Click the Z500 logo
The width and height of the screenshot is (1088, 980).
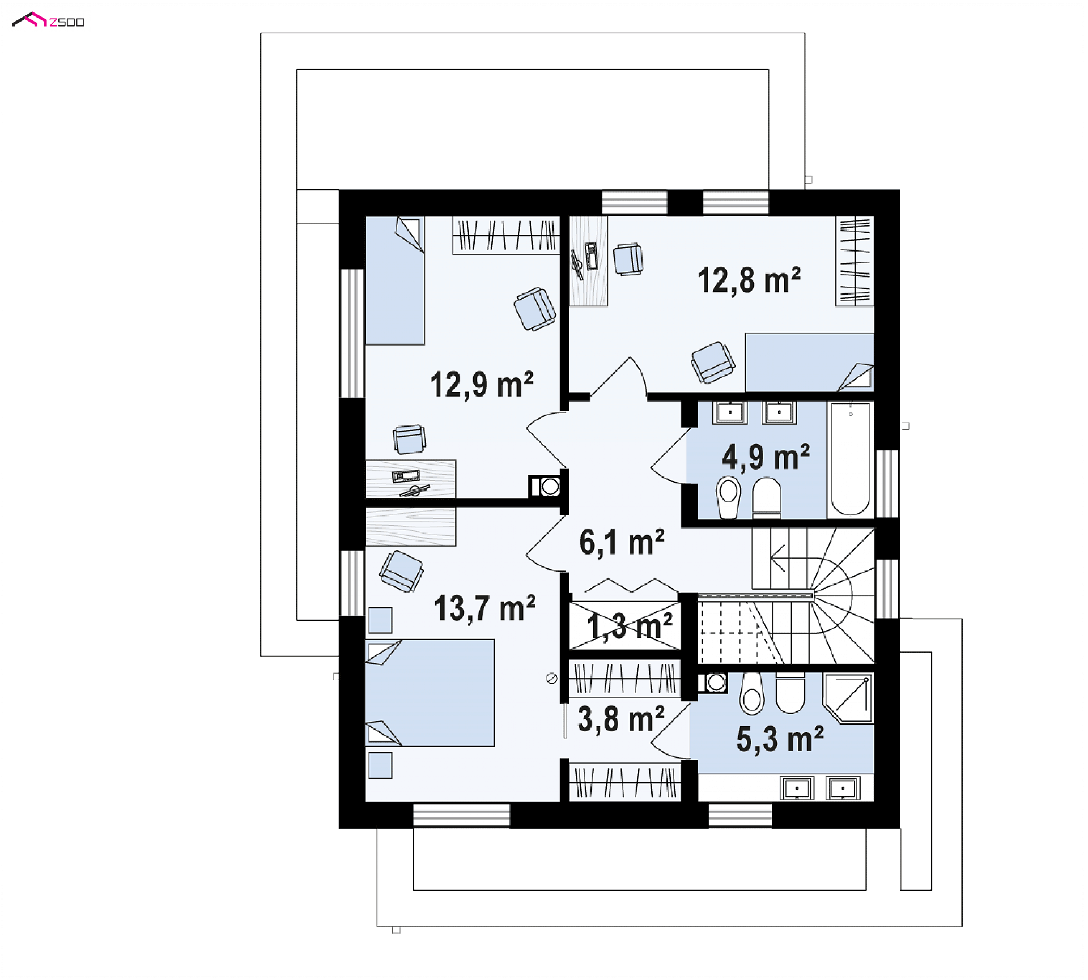(x=48, y=20)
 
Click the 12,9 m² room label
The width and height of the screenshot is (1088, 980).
(x=481, y=385)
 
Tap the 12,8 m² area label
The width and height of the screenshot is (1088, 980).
(x=749, y=280)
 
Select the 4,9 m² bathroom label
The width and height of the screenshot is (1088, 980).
(x=766, y=457)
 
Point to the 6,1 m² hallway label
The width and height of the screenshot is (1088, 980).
(x=622, y=543)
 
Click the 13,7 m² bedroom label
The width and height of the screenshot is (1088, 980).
(x=484, y=608)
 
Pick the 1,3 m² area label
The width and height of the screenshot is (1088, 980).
(x=629, y=627)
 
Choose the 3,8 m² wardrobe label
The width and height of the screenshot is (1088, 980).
(x=621, y=719)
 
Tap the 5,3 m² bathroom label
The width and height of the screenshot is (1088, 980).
(x=780, y=739)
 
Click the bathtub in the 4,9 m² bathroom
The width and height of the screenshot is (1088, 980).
(x=850, y=459)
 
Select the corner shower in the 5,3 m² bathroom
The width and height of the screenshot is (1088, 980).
(x=848, y=698)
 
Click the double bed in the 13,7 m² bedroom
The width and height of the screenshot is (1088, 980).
(x=430, y=693)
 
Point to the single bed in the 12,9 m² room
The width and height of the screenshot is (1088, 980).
(x=395, y=280)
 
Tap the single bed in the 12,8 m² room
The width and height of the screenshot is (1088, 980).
(x=809, y=362)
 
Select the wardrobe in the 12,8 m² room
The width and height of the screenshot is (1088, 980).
(x=855, y=261)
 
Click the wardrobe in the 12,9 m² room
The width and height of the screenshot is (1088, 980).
(x=506, y=235)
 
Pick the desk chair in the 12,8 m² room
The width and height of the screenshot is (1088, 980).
(x=628, y=260)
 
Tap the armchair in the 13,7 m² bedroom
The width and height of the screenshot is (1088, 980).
(x=402, y=571)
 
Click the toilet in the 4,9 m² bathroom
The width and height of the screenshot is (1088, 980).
(x=767, y=498)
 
